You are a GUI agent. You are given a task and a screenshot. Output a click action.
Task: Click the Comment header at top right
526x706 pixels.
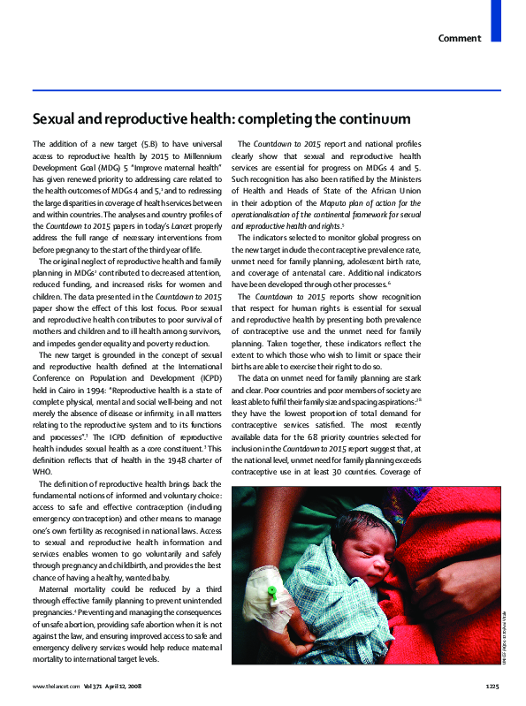pyautogui.click(x=461, y=38)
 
